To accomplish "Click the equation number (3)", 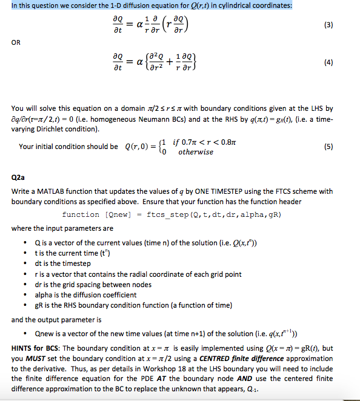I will pos(344,27).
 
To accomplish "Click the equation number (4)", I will pos(344,61).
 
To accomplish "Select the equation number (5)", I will pos(344,146).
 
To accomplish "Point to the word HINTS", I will pos(23,348).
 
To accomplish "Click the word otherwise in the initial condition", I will pos(195,152).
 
